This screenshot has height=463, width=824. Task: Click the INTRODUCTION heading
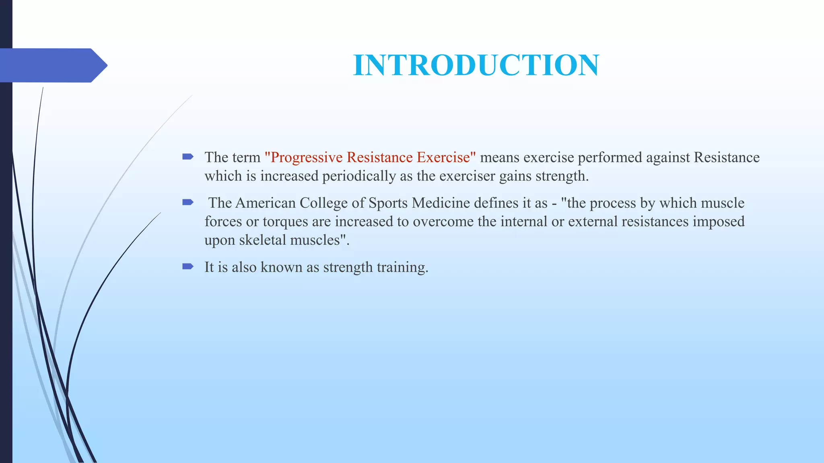[476, 65]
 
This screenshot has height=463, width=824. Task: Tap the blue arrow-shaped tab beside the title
[52, 65]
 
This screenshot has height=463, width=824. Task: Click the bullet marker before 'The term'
[188, 157]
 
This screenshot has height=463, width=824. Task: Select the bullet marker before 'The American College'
[188, 202]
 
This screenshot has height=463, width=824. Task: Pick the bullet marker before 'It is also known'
[188, 266]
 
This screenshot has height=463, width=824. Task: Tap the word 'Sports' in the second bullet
[388, 203]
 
